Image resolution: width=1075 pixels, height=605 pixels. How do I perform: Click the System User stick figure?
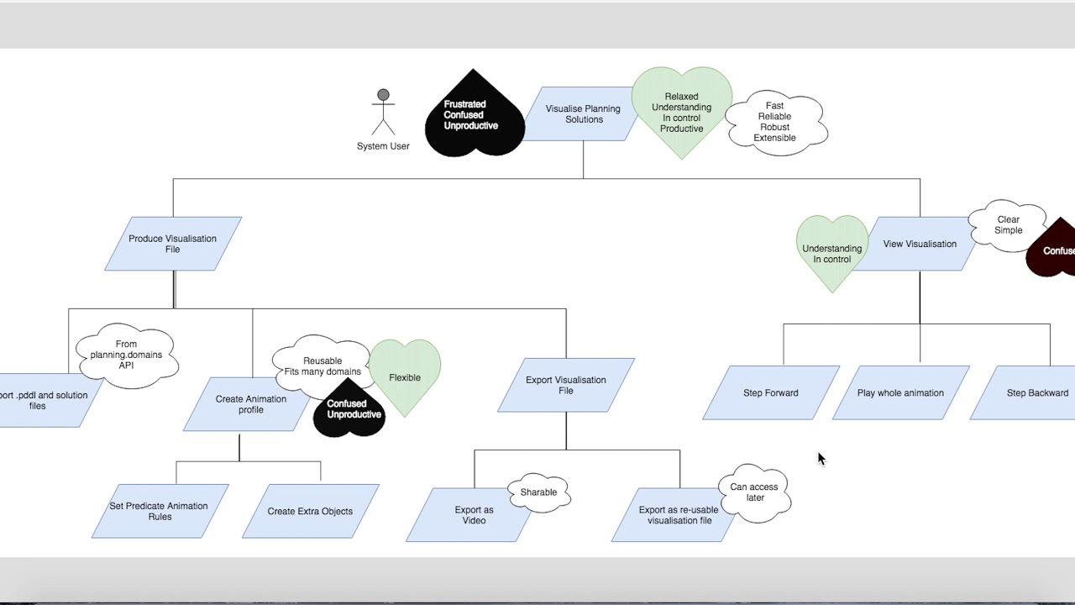[x=383, y=113]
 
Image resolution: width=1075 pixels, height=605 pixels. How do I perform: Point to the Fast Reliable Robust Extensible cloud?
[x=775, y=122]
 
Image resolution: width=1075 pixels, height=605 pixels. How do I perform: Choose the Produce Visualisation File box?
[x=173, y=244]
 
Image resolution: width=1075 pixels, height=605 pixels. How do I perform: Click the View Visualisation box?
[x=920, y=245]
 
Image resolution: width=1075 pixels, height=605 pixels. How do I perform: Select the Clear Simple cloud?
[x=1008, y=225]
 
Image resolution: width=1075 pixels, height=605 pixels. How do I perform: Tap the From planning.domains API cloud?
[x=126, y=355]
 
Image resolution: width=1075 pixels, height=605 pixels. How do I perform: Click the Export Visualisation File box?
[x=566, y=385]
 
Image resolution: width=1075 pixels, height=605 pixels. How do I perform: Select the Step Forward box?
[x=771, y=392]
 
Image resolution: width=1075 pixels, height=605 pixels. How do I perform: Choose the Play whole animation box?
[x=900, y=392]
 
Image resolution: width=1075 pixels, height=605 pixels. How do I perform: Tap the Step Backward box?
[x=1036, y=392]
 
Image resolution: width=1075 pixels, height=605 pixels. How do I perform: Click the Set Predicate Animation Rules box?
[x=159, y=511]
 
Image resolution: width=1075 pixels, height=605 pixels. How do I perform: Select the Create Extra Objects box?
[x=310, y=511]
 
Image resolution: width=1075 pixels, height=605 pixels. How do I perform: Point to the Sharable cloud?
[x=538, y=492]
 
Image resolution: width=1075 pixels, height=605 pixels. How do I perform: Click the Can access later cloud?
[x=754, y=492]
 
